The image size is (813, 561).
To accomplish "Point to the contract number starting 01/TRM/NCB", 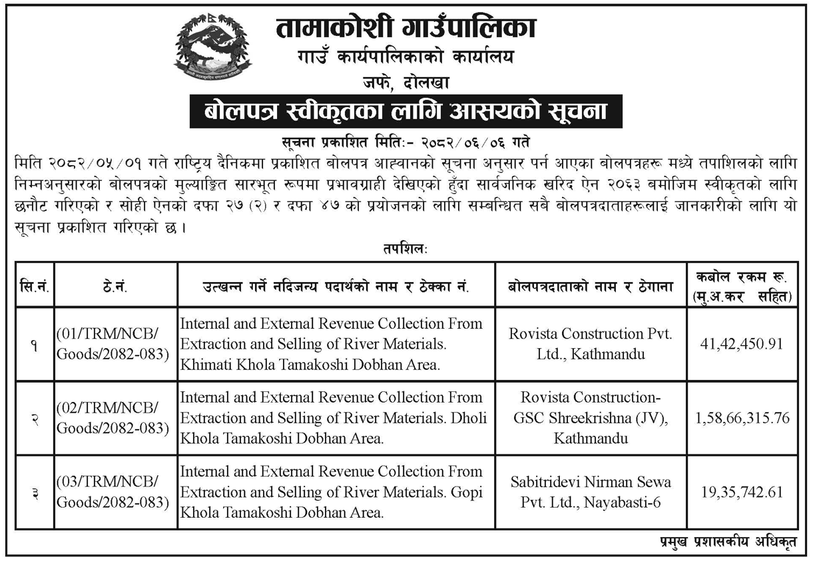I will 110,344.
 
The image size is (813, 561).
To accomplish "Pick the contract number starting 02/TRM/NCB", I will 110,418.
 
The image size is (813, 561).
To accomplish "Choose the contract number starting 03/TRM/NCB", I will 110,492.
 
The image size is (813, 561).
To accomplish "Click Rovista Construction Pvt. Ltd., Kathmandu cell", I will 590,344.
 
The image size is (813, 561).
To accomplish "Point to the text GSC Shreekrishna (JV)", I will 590,418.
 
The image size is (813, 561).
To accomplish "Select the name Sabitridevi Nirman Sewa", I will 590,481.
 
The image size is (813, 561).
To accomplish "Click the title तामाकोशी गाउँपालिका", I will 406,27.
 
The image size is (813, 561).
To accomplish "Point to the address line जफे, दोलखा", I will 406,83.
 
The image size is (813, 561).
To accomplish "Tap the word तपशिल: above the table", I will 406,250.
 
